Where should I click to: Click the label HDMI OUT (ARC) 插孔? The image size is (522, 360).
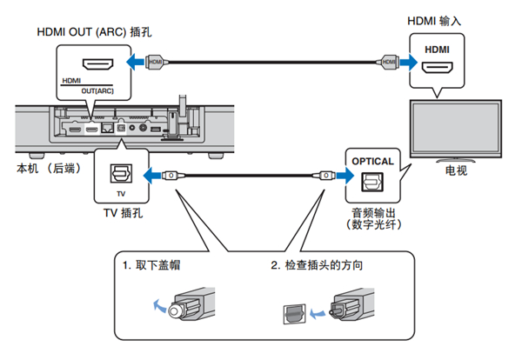point(95,32)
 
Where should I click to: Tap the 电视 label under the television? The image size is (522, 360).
point(456,170)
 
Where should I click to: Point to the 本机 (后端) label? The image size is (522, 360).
point(46,167)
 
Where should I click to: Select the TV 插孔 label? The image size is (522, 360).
point(118,210)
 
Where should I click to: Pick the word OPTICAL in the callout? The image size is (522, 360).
point(372,161)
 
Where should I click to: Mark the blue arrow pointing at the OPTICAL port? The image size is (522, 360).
point(340,175)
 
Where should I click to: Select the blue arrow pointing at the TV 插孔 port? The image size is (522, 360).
point(154,175)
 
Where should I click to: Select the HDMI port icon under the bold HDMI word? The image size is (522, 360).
point(435,66)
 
